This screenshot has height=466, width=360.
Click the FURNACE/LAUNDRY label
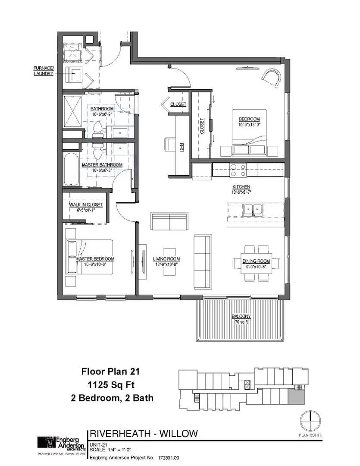[x=44, y=71]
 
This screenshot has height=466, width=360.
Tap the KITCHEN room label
[x=241, y=186]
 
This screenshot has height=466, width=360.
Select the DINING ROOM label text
[x=256, y=261]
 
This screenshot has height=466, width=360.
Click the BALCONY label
[x=241, y=316]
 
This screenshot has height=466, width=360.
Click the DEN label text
[x=182, y=147]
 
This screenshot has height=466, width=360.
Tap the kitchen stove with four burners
[x=238, y=170]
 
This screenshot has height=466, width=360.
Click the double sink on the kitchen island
[x=253, y=209]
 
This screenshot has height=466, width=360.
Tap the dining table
[x=257, y=263]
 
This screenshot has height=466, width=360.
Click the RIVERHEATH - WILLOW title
[x=144, y=433]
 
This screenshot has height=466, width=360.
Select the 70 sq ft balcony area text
[x=241, y=322]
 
